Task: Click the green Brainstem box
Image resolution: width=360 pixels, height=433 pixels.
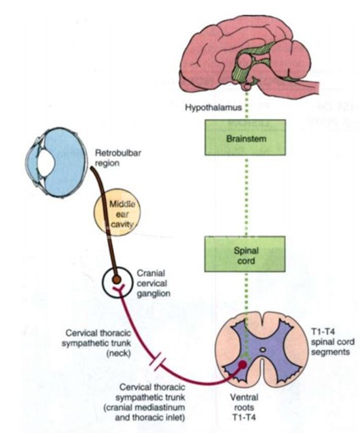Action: [x=245, y=137]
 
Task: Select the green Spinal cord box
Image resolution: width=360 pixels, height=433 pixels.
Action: [x=245, y=254]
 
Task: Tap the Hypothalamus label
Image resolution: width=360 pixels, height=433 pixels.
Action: [x=213, y=108]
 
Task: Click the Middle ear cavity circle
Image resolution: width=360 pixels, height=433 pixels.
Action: [x=117, y=212]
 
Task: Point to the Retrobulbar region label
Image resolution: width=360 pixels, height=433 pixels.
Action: [x=118, y=157]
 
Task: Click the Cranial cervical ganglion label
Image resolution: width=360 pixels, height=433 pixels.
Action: [x=153, y=283]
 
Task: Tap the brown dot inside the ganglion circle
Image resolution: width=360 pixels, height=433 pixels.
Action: [x=116, y=280]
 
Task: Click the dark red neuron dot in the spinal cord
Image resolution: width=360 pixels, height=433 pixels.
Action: [x=242, y=365]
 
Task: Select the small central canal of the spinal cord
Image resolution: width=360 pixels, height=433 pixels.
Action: [x=263, y=350]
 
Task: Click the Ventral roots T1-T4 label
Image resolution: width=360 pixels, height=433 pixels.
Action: [x=244, y=407]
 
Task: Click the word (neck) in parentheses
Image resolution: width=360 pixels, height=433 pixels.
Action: [x=118, y=353]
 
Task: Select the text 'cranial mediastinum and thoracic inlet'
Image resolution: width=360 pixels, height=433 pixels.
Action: [x=150, y=412]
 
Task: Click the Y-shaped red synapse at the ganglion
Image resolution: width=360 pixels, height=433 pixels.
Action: [x=120, y=291]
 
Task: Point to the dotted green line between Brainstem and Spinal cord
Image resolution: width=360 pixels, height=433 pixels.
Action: [x=247, y=196]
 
